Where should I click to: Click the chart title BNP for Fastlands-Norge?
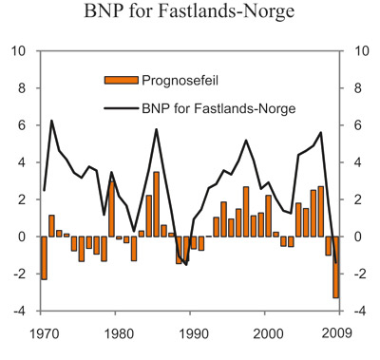coord(189,14)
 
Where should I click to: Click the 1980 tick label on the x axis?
coord(117,332)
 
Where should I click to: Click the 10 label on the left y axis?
coord(20,50)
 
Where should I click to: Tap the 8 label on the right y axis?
coord(358,87)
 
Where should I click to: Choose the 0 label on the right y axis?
coord(358,237)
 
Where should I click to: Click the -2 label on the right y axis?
coord(361,274)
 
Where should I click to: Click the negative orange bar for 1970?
coord(45,257)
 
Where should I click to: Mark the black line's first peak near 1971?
coord(51,121)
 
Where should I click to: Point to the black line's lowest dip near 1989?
coord(186,264)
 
